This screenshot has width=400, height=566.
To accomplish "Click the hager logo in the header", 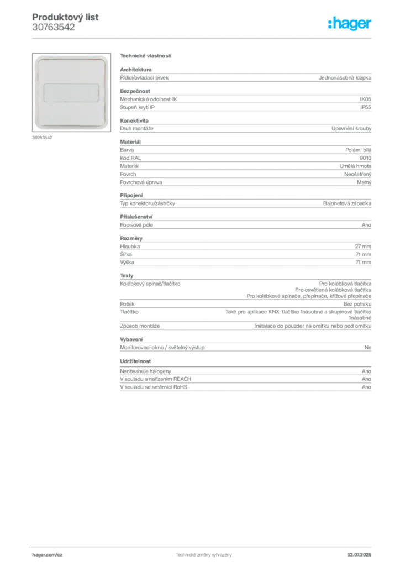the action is click(x=349, y=23).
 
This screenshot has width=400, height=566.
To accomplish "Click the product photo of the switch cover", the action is click(x=71, y=92).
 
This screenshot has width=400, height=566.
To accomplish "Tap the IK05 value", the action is click(x=365, y=99).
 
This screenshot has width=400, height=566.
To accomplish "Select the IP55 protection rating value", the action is click(x=366, y=107).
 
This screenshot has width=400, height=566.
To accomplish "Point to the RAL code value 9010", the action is click(x=365, y=158).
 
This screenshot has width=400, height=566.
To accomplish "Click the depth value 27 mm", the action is click(x=363, y=247).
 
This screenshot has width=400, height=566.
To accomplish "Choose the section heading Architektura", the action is click(x=135, y=70).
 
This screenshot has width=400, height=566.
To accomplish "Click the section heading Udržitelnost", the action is click(x=135, y=361).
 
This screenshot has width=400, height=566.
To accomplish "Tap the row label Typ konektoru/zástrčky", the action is click(x=148, y=203).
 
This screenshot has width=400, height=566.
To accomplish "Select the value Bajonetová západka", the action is click(x=347, y=203).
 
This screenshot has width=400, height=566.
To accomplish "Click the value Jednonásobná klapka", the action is click(x=345, y=77).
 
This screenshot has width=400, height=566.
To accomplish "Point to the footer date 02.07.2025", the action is click(x=359, y=555).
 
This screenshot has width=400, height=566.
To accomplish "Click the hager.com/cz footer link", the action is click(x=48, y=555).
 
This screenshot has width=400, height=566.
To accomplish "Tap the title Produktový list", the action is click(x=65, y=17).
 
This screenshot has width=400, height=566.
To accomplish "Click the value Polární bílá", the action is click(x=358, y=150).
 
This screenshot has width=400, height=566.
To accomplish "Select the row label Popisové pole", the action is click(x=136, y=225).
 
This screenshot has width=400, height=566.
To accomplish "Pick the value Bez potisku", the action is click(x=357, y=305).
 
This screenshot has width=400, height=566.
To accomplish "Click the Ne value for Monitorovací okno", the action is click(x=368, y=348).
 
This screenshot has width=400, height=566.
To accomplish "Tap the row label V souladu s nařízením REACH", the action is click(x=155, y=379).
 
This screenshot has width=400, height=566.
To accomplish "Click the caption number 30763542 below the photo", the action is click(x=42, y=138).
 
